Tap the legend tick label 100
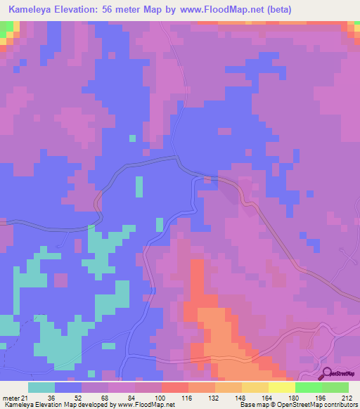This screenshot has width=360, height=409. [x=161, y=397]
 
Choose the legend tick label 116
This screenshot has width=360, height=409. [x=188, y=397]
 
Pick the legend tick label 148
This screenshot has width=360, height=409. [x=241, y=397]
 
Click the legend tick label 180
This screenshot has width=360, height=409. [x=295, y=397]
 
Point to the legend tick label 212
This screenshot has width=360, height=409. [x=348, y=397]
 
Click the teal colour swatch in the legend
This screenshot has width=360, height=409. [x=41, y=387]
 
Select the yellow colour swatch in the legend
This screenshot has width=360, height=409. [x=281, y=387]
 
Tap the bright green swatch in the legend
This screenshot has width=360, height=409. [x=308, y=387]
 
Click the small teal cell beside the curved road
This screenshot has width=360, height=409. [x=139, y=187]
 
